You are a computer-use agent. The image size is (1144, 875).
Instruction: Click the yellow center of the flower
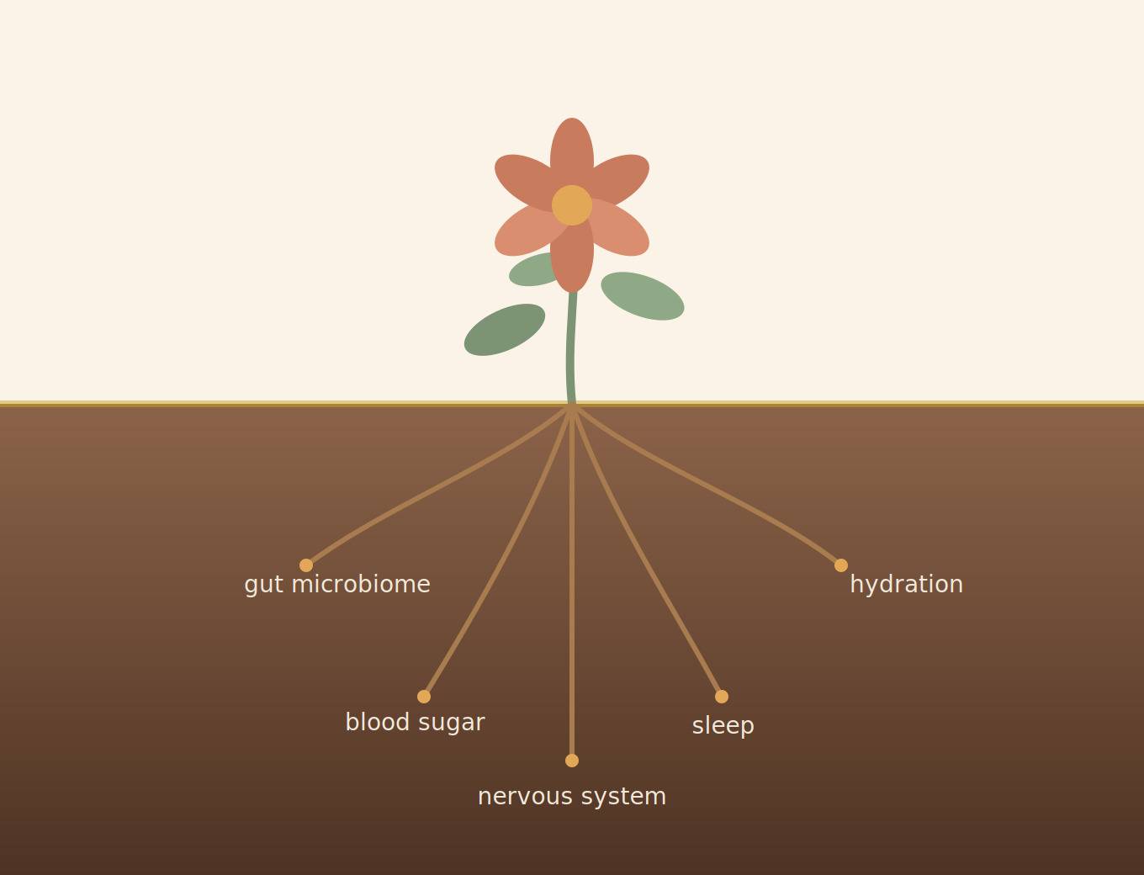[x=572, y=205]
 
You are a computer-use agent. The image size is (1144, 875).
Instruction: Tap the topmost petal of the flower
[x=572, y=149]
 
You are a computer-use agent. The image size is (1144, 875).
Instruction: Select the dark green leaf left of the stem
[x=505, y=330]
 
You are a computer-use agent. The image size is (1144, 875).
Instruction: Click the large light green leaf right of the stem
[x=643, y=296]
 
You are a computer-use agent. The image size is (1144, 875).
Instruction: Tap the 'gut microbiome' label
[x=337, y=585]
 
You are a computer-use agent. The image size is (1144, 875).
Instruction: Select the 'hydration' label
[x=906, y=585]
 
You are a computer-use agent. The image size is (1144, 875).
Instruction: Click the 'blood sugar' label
[x=415, y=723]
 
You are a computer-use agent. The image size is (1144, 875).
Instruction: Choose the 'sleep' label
[x=723, y=725]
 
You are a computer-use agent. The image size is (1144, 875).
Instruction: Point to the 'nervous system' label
[x=572, y=796]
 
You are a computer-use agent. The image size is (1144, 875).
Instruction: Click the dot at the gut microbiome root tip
[x=306, y=565]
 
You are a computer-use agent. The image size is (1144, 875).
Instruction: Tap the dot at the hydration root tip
[x=840, y=565]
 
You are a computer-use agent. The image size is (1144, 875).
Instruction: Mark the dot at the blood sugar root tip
[x=424, y=697]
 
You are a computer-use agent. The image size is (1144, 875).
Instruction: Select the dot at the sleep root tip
[x=722, y=697]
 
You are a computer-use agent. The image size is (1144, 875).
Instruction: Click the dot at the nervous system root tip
[x=572, y=761]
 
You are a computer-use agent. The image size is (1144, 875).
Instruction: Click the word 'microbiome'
[x=361, y=584]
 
